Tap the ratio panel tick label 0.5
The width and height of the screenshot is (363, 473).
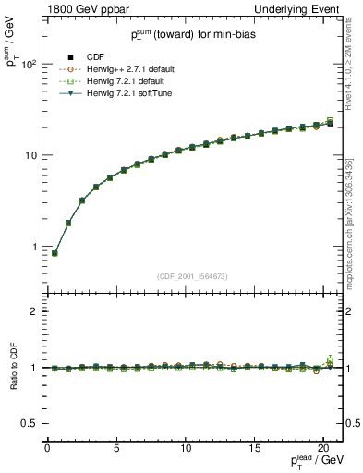[25, 424]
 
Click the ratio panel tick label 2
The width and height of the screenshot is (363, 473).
[30, 311]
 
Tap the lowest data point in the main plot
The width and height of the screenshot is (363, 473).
[54, 253]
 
